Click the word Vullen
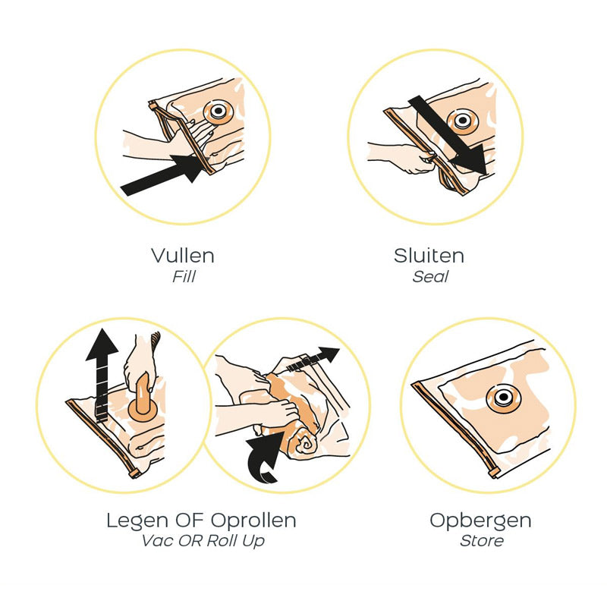click(x=183, y=256)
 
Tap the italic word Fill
click(x=184, y=277)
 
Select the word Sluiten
click(x=429, y=256)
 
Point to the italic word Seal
click(x=430, y=277)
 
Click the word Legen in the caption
click(x=137, y=521)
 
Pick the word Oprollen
click(x=253, y=521)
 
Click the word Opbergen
click(x=480, y=521)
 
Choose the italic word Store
click(x=482, y=541)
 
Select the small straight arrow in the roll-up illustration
click(x=313, y=359)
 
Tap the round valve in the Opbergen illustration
click(x=503, y=398)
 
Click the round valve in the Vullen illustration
click(x=219, y=112)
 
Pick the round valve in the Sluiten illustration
click(x=462, y=121)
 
